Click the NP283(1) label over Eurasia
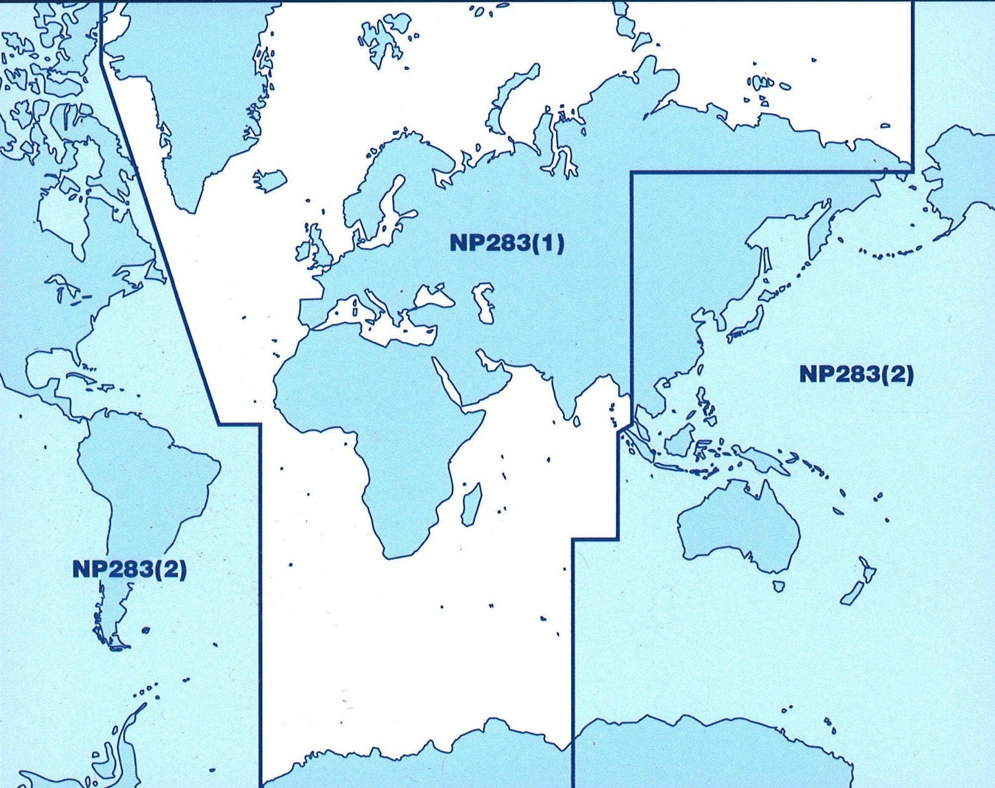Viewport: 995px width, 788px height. tap(507, 243)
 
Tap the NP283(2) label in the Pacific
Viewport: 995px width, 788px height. tap(856, 374)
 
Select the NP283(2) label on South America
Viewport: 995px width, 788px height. tap(129, 569)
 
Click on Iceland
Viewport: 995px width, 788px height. tap(270, 179)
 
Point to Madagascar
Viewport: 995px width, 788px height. tap(472, 503)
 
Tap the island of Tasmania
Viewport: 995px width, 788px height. tap(779, 586)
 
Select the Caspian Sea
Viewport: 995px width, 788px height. tap(485, 303)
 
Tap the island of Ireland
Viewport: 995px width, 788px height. tap(303, 251)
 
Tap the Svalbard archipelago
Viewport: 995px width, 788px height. tap(379, 41)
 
